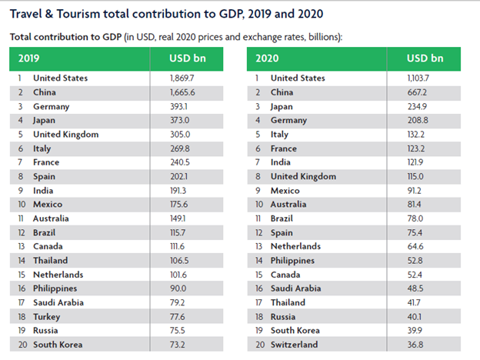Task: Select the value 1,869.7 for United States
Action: pos(183,78)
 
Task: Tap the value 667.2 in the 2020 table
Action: pos(418,92)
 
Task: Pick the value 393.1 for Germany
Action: pos(181,106)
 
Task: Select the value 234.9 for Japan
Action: pos(418,106)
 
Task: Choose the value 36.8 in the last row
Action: pos(417,345)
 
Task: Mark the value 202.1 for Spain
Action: pos(181,176)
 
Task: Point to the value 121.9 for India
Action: pos(418,162)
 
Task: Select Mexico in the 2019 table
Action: pos(48,204)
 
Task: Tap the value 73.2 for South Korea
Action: pos(179,345)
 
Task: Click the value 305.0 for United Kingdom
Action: pos(181,134)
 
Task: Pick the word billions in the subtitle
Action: pos(322,36)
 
